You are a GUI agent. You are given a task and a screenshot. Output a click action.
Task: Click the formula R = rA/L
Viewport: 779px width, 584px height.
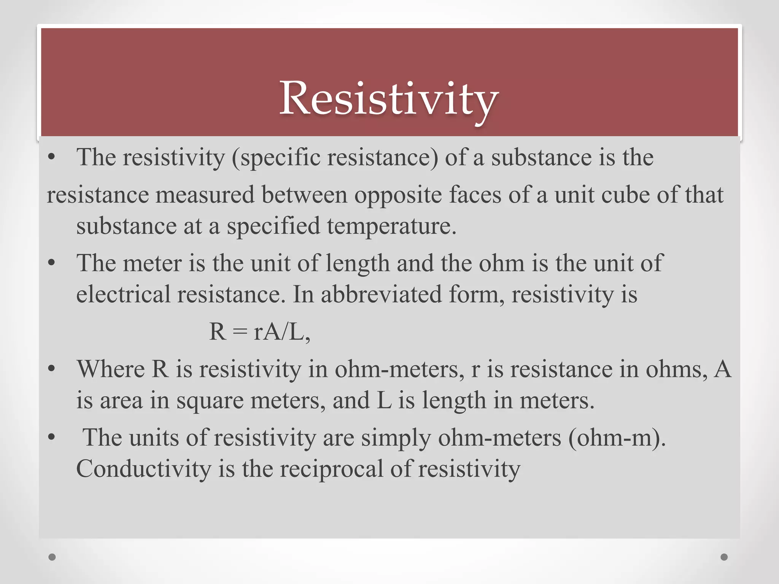(x=259, y=332)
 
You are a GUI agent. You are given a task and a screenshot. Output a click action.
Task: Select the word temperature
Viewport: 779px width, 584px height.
(x=391, y=226)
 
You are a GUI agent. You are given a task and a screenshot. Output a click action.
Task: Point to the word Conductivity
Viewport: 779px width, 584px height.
(x=143, y=468)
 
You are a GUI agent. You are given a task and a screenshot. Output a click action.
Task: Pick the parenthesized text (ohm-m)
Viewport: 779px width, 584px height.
(x=617, y=437)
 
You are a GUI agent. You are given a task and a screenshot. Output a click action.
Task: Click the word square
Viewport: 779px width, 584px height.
(x=210, y=400)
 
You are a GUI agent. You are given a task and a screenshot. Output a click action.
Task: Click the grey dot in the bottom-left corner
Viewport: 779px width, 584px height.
(x=52, y=557)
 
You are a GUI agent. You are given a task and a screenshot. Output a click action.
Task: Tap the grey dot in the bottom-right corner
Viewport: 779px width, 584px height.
(x=724, y=557)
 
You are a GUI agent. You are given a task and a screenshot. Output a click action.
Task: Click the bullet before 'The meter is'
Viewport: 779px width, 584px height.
(x=52, y=263)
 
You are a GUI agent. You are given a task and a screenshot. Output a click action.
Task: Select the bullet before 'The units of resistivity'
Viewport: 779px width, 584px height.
(x=52, y=437)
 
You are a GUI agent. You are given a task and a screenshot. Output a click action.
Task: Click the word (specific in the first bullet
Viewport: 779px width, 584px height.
(x=277, y=157)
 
